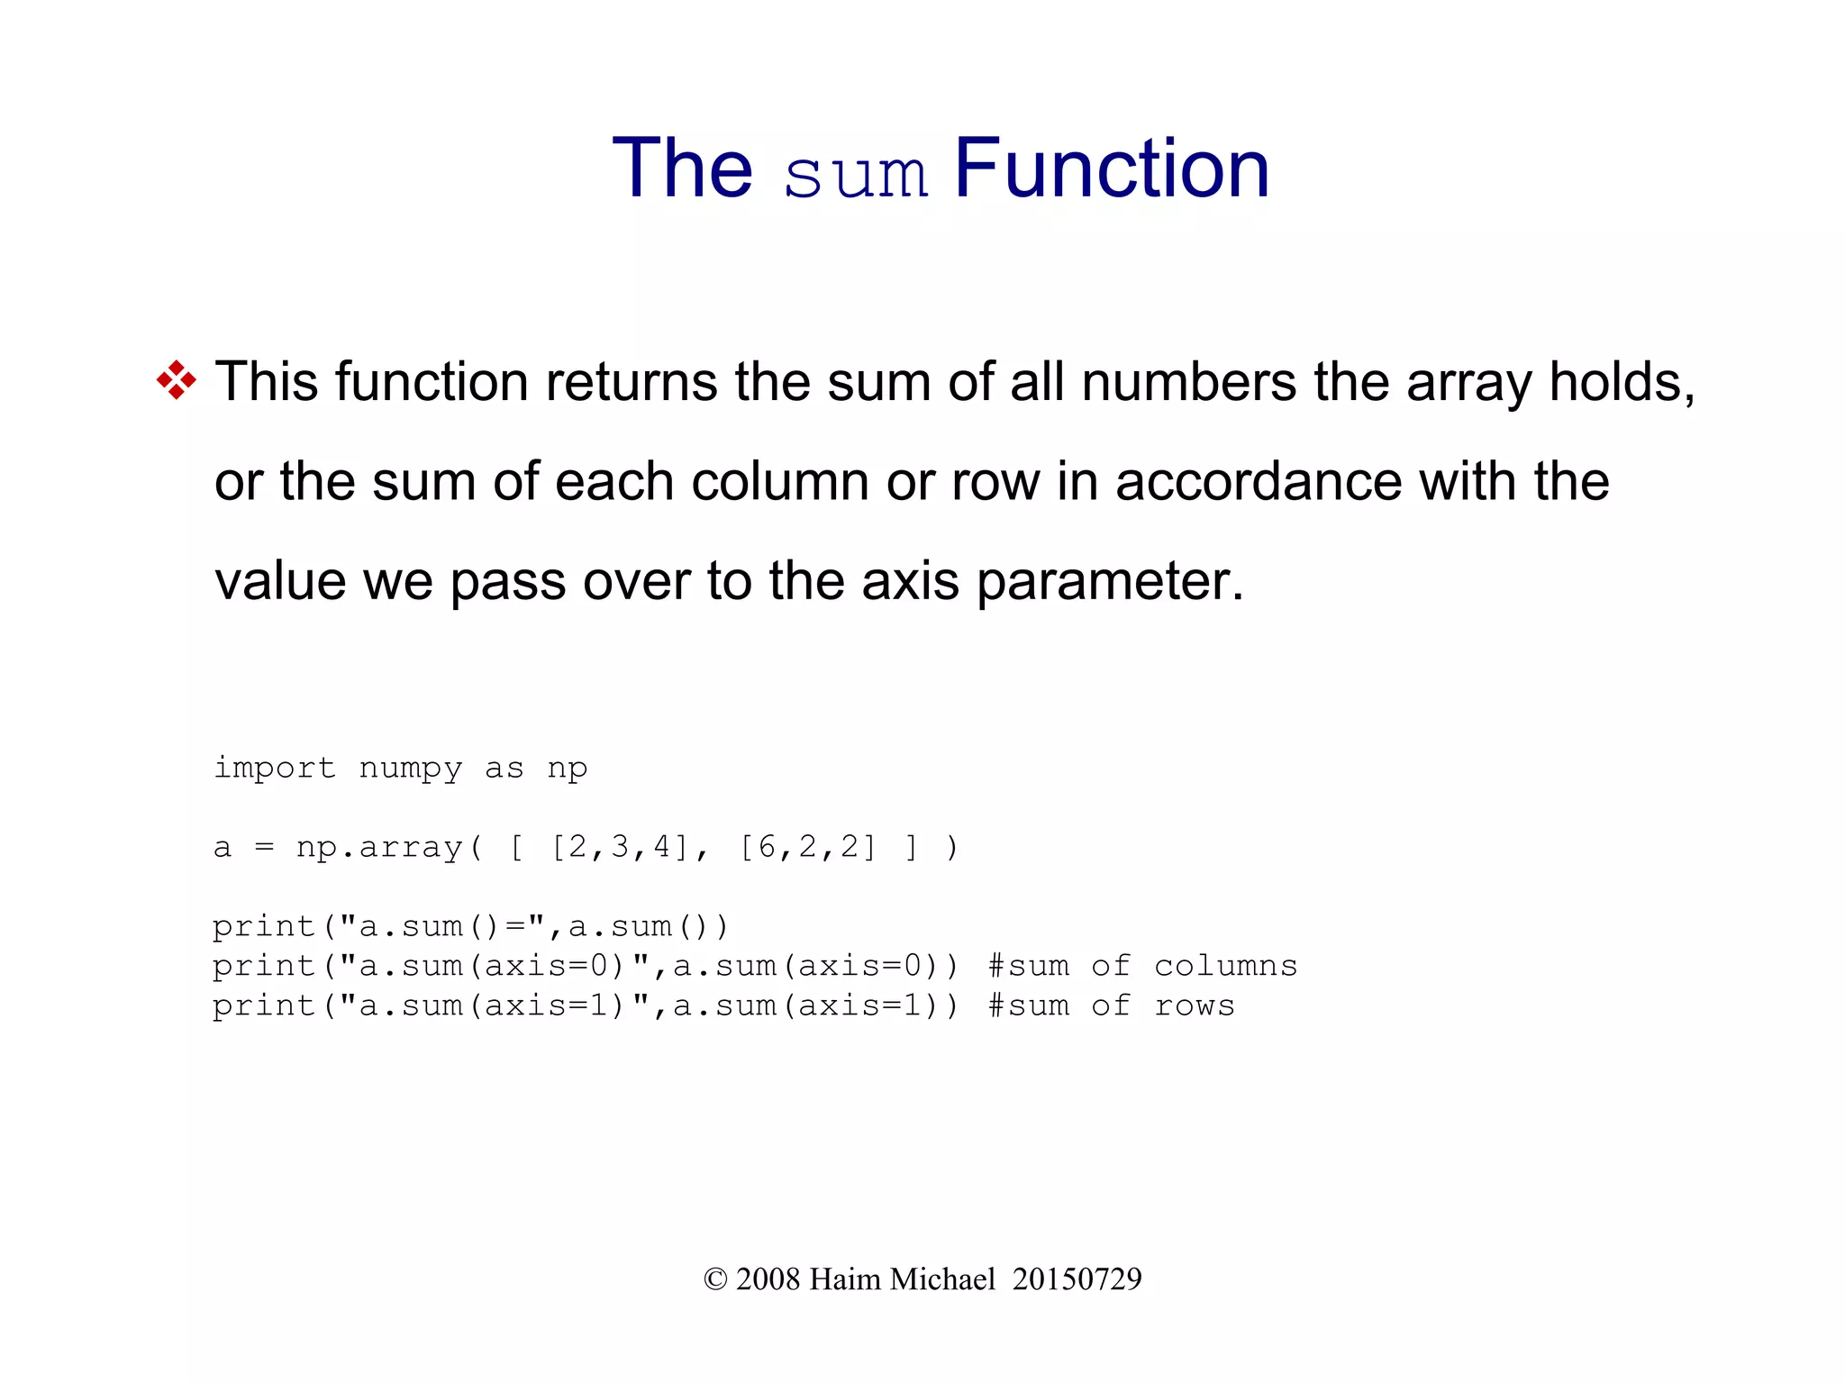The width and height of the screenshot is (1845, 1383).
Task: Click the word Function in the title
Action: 1111,168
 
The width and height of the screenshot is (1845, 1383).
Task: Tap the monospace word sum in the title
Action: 855,175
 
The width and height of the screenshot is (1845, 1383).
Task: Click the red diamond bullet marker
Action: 176,380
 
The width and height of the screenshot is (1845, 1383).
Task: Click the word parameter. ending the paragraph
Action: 1110,582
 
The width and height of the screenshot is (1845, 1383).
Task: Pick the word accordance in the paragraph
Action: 1259,481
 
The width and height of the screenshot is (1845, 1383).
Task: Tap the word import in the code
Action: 274,769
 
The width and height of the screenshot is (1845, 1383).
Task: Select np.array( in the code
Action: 389,848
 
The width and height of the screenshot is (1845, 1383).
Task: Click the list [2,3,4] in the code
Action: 620,848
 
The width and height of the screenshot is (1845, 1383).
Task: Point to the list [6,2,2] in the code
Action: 807,848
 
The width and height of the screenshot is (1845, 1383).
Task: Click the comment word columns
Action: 1225,966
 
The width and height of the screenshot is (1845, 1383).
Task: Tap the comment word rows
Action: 1194,1005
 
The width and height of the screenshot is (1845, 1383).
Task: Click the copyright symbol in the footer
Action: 714,1279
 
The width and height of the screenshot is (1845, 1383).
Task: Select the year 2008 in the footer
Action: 768,1279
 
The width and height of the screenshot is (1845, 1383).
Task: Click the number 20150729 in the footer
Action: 1077,1279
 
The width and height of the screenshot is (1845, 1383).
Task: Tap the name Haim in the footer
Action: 845,1279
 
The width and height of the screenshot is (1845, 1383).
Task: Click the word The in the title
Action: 682,168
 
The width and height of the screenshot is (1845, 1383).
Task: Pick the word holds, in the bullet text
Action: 1622,382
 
